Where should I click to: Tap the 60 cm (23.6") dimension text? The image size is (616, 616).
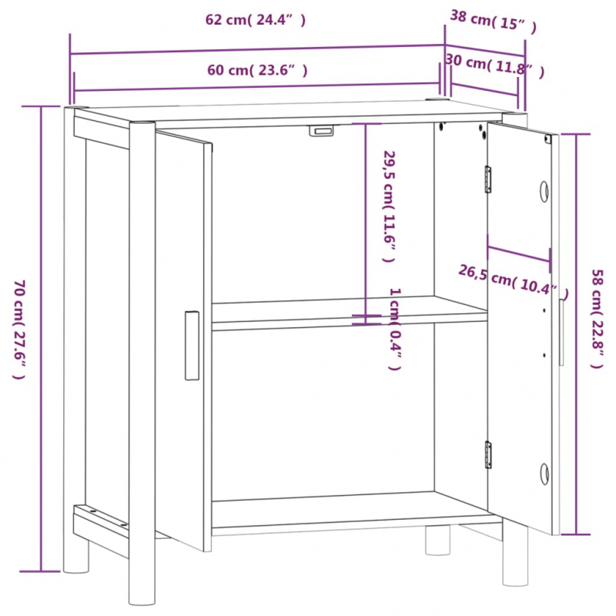point(257,70)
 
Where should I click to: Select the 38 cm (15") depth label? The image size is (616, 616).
point(493,22)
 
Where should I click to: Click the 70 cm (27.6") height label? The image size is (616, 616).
point(18,330)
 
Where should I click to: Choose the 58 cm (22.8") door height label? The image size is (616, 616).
point(597,318)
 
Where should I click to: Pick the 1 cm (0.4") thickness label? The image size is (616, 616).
point(393,329)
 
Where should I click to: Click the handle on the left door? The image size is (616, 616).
point(192,346)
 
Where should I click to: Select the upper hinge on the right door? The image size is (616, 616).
point(487,179)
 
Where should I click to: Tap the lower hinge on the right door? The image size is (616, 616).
point(487,454)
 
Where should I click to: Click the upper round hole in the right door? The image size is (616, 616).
point(544,190)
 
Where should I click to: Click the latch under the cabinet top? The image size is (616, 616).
point(323,131)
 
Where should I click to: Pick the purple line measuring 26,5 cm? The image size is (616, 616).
point(519,255)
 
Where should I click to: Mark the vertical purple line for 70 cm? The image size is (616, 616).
point(41,339)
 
